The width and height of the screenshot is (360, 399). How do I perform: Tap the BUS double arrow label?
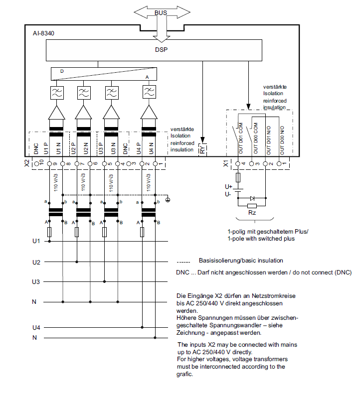point(161,11)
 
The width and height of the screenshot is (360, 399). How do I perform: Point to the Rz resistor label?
point(252,212)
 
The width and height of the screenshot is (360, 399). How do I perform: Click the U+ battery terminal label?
point(228,186)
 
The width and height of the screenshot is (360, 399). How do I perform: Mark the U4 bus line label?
point(36,327)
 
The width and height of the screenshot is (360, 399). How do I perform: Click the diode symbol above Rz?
point(252,198)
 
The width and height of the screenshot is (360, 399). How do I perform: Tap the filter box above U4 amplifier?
point(148,93)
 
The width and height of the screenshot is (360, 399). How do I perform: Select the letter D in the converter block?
point(62,72)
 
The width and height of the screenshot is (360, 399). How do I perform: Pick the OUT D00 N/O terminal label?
point(282,140)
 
